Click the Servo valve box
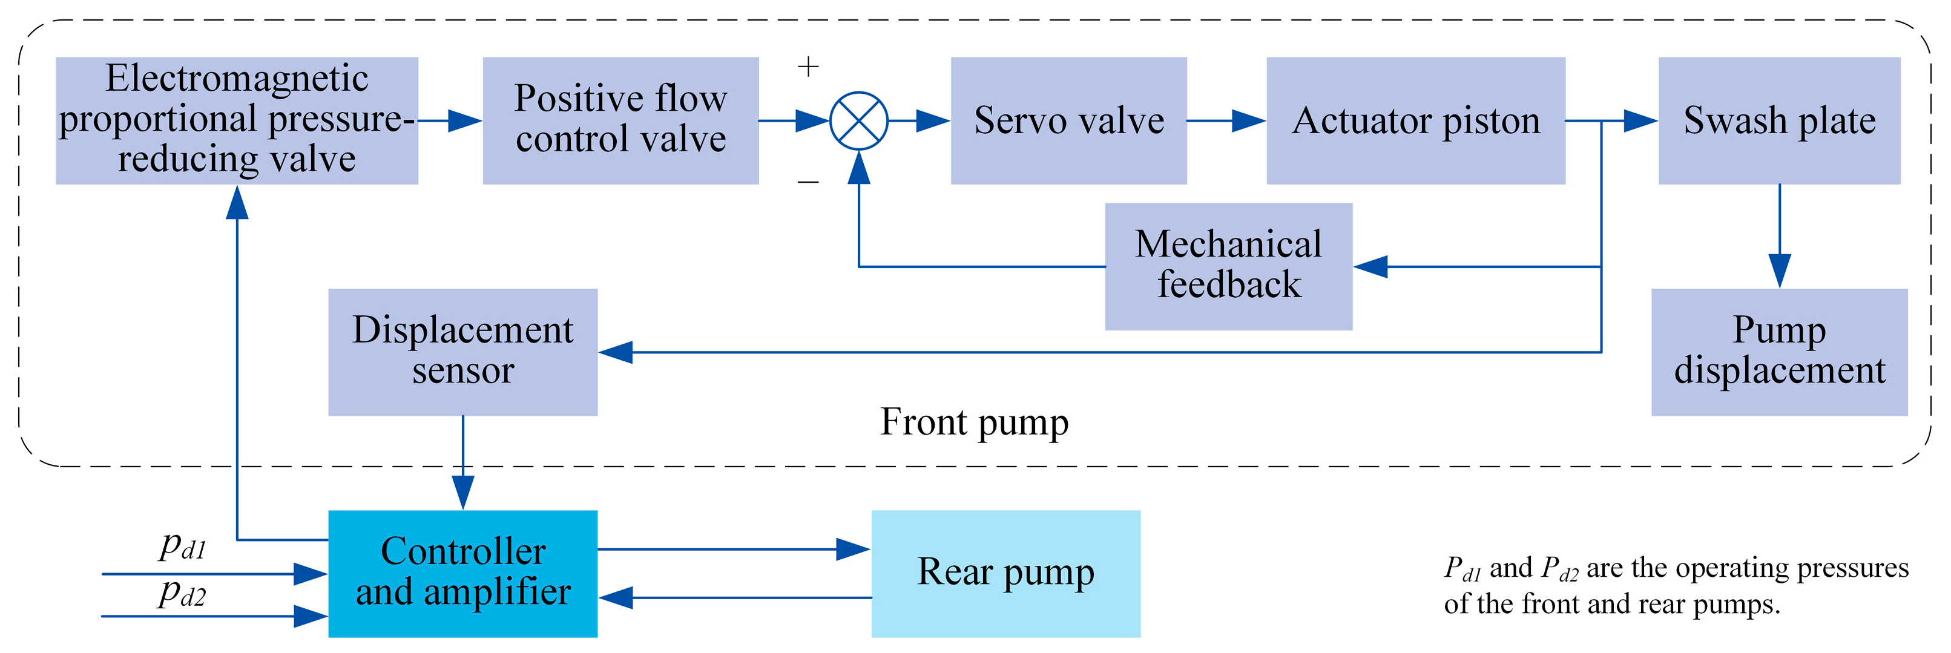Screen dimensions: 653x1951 pos(1068,120)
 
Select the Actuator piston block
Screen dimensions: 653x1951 pos(1415,120)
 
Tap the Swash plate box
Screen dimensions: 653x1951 pos(1778,120)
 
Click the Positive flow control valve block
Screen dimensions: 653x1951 pos(620,120)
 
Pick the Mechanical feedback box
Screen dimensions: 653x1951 pos(1228,266)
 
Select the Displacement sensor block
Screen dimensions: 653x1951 pos(462,352)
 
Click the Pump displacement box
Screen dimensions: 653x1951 pos(1778,352)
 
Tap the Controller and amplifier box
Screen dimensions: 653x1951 pos(462,574)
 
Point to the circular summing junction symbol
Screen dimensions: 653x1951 pos(858,120)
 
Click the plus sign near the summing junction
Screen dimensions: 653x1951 pos(808,67)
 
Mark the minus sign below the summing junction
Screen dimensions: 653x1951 pos(808,182)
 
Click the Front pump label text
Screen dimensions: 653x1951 pos(974,422)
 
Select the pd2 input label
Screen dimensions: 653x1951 pos(182,593)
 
